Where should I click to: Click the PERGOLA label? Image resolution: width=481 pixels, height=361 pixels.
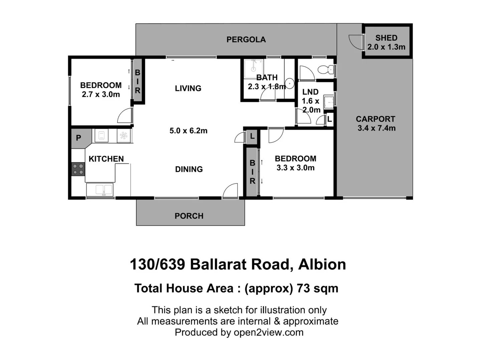tap(246, 39)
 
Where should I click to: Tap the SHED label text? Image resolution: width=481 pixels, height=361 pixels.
tap(386, 38)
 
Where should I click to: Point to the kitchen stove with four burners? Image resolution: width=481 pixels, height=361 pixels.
tap(78, 169)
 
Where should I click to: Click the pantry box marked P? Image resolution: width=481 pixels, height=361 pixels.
tap(79, 138)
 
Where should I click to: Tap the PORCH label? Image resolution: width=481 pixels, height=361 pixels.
tap(189, 216)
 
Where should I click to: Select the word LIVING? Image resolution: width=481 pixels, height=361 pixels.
tap(188, 88)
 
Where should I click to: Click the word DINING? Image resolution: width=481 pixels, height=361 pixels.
tap(189, 169)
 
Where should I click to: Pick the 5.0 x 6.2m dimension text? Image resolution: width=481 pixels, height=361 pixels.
tap(188, 131)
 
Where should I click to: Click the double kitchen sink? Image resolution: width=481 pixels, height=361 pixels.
tap(100, 190)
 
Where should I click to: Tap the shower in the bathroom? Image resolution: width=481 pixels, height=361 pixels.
tap(253, 68)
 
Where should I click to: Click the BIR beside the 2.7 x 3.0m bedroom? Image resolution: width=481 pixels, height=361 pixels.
tap(138, 82)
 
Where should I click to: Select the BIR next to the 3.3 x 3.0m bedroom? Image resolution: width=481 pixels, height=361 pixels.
tap(253, 172)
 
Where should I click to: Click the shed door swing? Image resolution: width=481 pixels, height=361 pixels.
tap(356, 42)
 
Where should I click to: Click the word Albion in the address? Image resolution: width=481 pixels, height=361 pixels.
tap(322, 264)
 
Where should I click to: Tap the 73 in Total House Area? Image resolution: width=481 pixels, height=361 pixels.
tap(303, 288)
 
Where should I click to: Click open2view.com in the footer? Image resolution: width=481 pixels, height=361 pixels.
tap(269, 332)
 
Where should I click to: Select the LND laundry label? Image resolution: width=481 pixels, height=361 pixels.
tap(310, 92)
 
